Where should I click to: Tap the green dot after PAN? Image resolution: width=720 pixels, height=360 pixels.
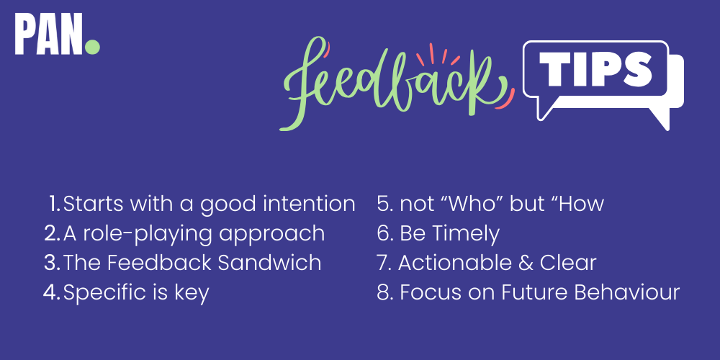92,48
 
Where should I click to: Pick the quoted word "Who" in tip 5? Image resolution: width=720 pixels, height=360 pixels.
461,204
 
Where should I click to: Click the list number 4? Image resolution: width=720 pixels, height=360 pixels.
50,293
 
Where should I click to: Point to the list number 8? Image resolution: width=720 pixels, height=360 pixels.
384,293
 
